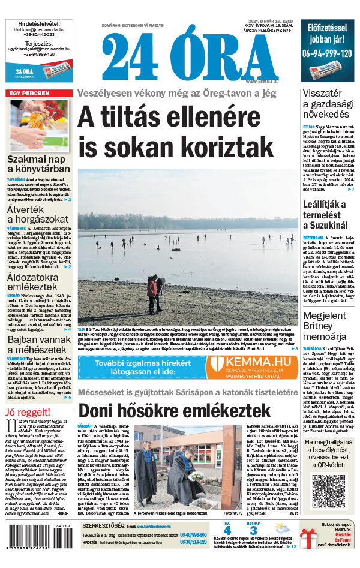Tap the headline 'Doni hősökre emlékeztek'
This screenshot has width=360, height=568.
tap(175, 394)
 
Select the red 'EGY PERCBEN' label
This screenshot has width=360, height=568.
tap(28, 94)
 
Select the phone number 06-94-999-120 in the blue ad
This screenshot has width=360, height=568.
tap(327, 53)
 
